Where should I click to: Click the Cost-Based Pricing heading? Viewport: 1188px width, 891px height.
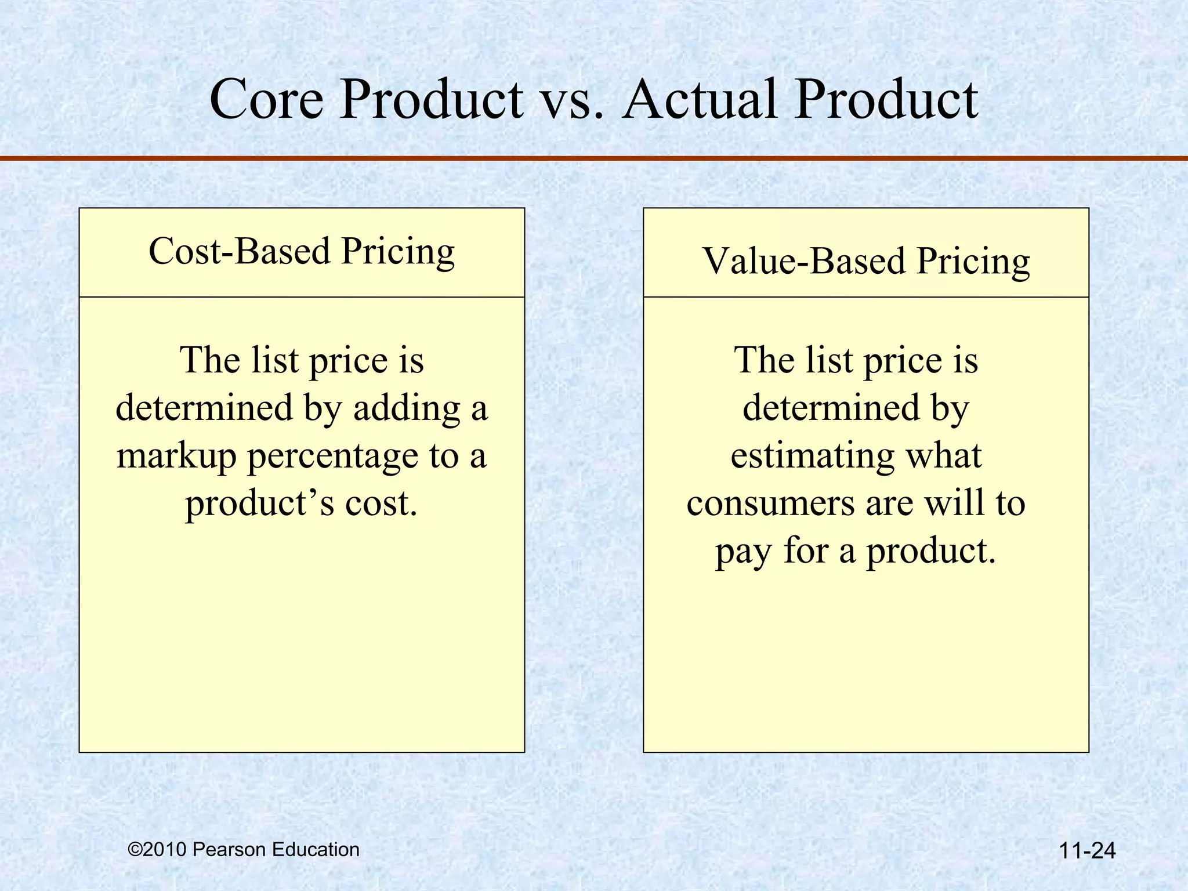(302, 252)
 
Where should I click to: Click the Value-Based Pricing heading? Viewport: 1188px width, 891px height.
(866, 261)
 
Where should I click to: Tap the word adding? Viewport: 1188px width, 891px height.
(406, 408)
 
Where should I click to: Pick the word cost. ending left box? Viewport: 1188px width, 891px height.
(381, 504)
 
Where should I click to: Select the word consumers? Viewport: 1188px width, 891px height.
(770, 504)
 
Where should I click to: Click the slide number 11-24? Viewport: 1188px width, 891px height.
(1086, 851)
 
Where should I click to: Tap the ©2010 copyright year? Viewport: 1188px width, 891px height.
(158, 850)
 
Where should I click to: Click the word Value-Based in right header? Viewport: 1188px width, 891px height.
(803, 261)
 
